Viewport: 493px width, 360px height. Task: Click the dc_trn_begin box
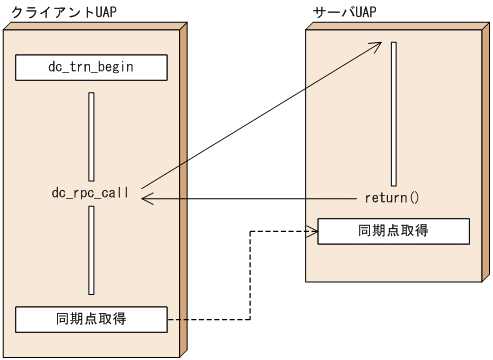point(91,68)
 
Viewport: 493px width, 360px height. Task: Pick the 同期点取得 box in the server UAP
point(392,231)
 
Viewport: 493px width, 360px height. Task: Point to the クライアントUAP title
point(54,11)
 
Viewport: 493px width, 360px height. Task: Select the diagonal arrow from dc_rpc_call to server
point(260,116)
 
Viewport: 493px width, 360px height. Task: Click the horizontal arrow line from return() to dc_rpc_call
point(250,199)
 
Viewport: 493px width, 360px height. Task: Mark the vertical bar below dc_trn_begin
point(91,136)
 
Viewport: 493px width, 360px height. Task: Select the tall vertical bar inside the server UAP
point(394,111)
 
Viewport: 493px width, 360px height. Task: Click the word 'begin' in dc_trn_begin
point(114,68)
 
